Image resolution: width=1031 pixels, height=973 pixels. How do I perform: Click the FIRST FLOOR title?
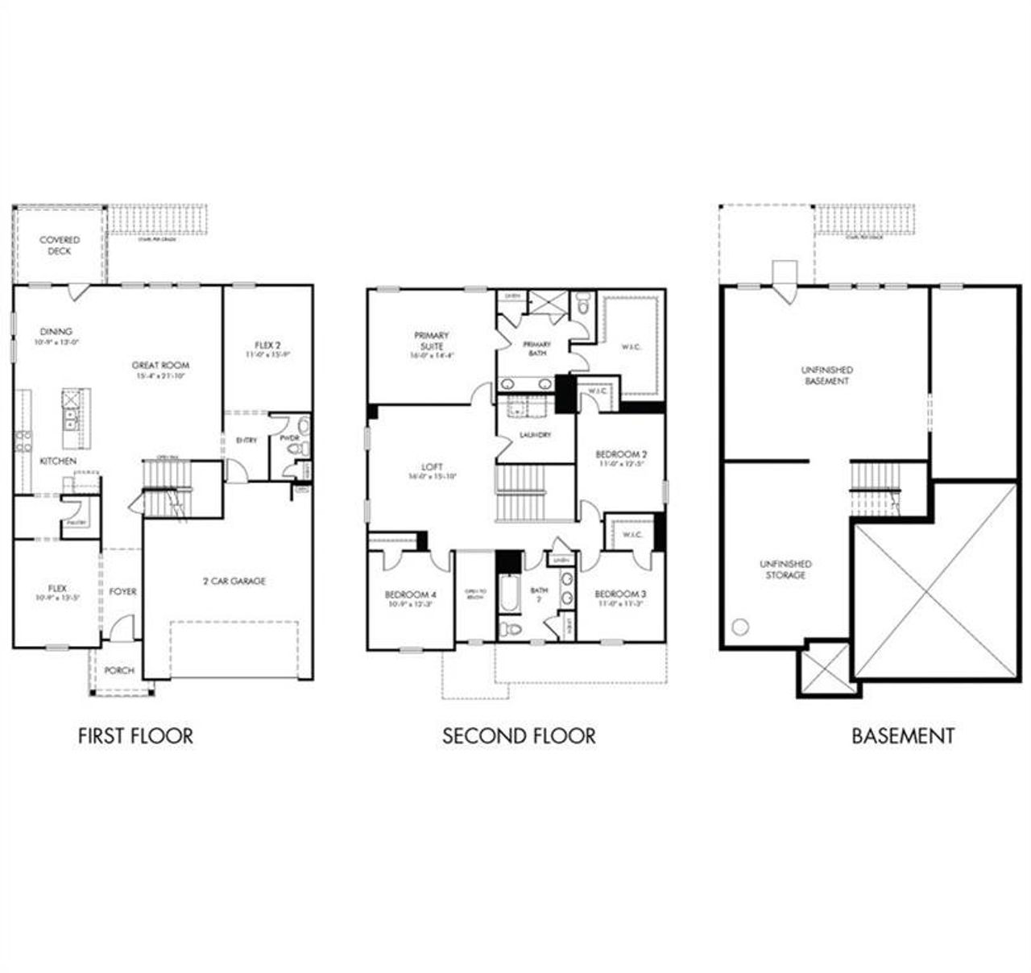[x=135, y=735]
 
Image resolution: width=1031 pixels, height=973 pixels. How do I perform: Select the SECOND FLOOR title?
[x=519, y=735]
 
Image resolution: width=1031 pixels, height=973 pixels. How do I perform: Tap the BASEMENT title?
[x=903, y=735]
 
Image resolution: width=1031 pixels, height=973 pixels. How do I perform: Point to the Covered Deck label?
[x=60, y=246]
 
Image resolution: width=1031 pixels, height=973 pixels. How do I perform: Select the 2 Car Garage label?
[x=234, y=581]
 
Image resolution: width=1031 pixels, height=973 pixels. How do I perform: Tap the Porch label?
[x=119, y=670]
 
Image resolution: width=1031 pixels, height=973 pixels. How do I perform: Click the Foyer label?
[x=122, y=591]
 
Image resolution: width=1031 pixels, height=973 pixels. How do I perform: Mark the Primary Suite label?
[x=432, y=340]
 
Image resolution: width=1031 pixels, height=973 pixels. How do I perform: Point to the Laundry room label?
[x=536, y=435]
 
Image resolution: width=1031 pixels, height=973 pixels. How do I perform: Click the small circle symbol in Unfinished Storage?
[x=741, y=626]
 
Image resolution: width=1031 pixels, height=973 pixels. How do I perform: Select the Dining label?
[x=56, y=331]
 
